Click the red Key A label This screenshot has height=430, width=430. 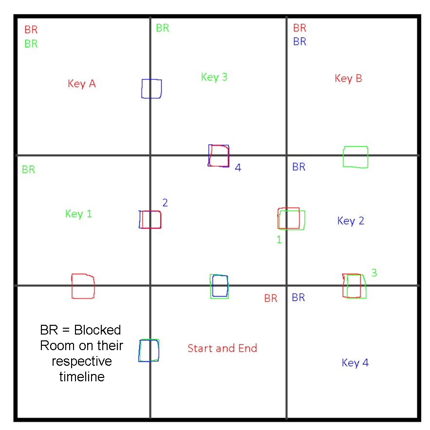pos(82,84)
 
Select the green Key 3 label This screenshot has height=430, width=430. pos(214,77)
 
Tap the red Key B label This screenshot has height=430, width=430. pos(348,78)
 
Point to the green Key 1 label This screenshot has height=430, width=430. pos(78,214)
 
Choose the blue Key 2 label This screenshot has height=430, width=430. pos(351,221)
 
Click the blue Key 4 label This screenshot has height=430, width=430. pos(355,363)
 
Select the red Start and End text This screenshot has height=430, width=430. pos(222,348)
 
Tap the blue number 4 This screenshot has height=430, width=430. pos(238,168)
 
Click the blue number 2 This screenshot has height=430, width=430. pos(165,203)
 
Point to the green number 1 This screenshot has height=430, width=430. pos(279,240)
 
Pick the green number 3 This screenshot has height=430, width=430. pos(374,273)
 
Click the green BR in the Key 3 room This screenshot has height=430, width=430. pos(163,28)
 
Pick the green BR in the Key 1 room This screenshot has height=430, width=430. pos(29,169)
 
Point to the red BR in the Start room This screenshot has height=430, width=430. pos(271,299)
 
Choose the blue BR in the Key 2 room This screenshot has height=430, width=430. pos(299,167)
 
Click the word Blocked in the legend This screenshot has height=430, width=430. pos(97,330)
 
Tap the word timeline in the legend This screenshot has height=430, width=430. pos(82,377)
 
